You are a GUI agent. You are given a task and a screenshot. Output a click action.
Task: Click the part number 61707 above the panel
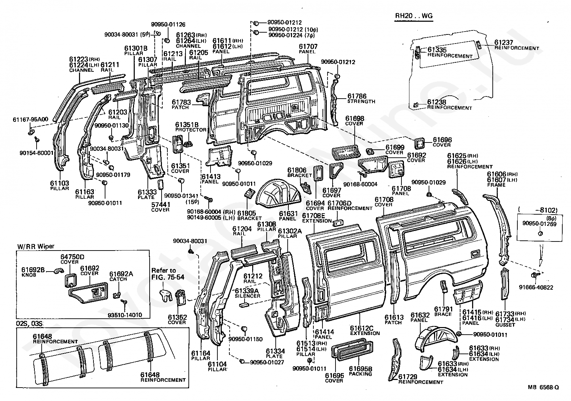[308, 47]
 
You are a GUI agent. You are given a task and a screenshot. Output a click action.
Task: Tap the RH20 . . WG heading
[413, 16]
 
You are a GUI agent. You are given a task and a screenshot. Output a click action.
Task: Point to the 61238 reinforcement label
[437, 103]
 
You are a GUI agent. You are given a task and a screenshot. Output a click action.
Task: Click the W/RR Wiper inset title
[36, 246]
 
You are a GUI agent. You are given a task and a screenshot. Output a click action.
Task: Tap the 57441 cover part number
[160, 205]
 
